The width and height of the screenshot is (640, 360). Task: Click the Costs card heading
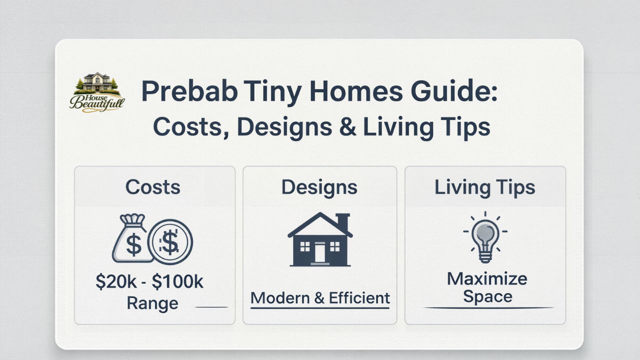coord(153,187)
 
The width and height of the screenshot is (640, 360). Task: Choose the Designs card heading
coord(319,187)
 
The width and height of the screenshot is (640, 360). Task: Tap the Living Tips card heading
coord(484,187)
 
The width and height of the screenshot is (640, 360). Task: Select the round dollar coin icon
coord(170,243)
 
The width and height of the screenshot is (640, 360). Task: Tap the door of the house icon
coord(319,253)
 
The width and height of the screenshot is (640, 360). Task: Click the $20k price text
coord(116,282)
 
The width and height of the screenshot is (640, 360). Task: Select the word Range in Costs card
coord(152,303)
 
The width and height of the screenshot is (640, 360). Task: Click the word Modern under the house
coord(279,298)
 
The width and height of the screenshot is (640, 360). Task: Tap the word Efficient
coord(359,298)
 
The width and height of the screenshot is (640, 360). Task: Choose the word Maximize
coord(486,278)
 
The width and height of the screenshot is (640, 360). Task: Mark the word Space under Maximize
coord(487,296)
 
